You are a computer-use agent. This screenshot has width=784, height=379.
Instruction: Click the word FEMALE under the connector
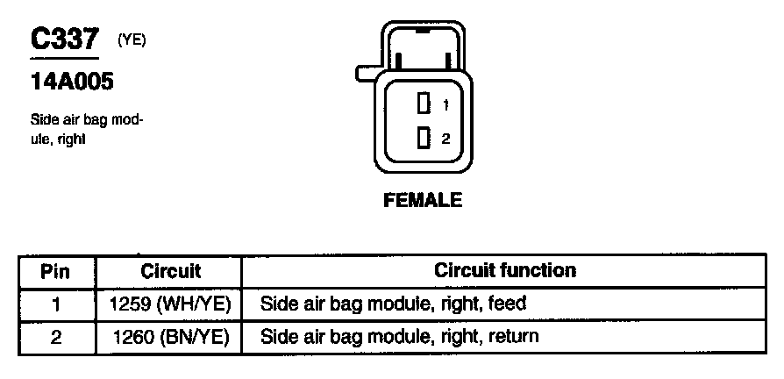click(x=423, y=200)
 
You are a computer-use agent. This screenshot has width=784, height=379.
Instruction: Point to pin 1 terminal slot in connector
click(x=423, y=104)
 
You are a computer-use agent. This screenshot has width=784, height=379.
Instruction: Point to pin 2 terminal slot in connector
click(x=423, y=138)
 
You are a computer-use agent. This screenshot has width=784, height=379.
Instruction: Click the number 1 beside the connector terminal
click(x=445, y=105)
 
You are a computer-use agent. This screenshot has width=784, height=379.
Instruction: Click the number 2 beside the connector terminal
click(x=445, y=139)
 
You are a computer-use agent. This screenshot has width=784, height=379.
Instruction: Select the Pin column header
click(x=55, y=271)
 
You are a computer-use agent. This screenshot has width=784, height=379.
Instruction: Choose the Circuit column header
click(x=170, y=271)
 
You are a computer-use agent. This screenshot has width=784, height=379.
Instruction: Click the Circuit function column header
click(x=504, y=270)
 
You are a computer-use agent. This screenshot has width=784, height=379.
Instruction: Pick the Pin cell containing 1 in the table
click(x=55, y=304)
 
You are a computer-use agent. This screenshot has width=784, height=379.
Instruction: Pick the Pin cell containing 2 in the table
click(x=55, y=336)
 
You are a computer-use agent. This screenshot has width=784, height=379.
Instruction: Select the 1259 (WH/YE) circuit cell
click(x=170, y=304)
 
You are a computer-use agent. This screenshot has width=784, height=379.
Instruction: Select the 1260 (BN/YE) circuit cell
click(x=170, y=336)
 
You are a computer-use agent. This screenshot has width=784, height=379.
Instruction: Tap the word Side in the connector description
click(x=44, y=120)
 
